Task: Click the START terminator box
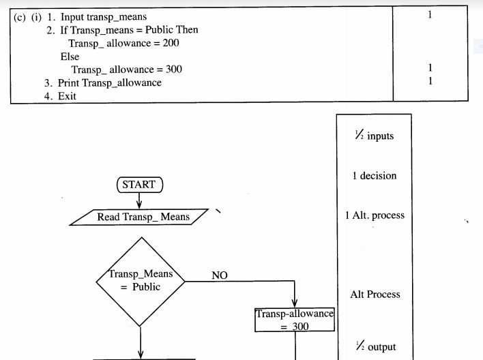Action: [x=139, y=184]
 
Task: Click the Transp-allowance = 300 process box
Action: [x=295, y=320]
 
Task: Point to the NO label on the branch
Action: [x=220, y=275]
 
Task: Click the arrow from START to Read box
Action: [x=140, y=200]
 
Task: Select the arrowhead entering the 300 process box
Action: [x=295, y=303]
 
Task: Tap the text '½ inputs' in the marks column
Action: [x=375, y=136]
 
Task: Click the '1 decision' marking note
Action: [x=374, y=176]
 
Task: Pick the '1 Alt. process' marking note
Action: [x=375, y=215]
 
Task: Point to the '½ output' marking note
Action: [x=373, y=346]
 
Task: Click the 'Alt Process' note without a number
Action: [x=375, y=295]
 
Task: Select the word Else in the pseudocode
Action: [x=70, y=57]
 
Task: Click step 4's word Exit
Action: [x=68, y=96]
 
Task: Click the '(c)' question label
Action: [x=20, y=16]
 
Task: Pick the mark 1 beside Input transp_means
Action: [x=430, y=14]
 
